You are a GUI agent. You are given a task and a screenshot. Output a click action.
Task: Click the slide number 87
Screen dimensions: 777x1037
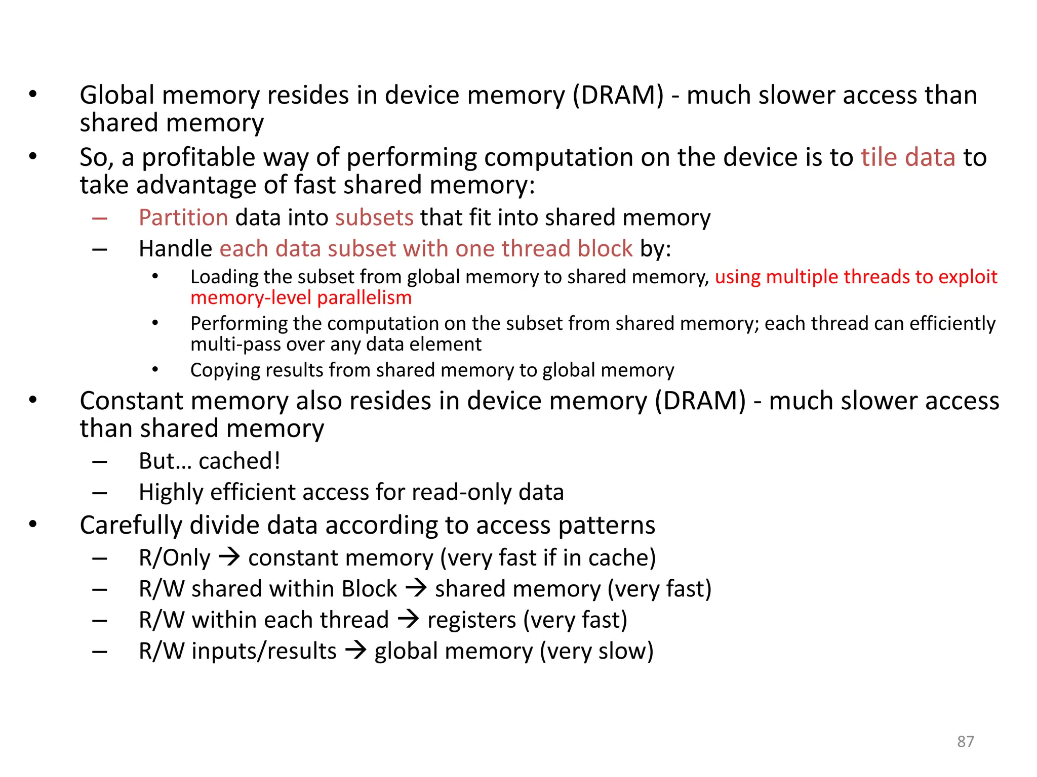[965, 741]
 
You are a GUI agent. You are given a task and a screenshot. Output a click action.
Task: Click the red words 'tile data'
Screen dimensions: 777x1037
[908, 157]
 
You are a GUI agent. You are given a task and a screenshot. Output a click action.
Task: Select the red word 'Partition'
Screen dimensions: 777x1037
[183, 218]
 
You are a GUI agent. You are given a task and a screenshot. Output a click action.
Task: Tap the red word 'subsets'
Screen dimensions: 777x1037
[374, 218]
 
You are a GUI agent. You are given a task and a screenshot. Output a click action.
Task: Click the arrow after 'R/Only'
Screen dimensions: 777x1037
[229, 557]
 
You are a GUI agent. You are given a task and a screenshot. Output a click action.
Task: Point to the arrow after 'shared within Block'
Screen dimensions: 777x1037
[416, 588]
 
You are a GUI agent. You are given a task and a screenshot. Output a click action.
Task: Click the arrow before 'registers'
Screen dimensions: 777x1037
[408, 619]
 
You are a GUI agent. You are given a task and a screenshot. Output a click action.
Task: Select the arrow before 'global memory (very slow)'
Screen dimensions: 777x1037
[355, 650]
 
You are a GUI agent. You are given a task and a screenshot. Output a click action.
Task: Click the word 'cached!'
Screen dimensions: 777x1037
[240, 461]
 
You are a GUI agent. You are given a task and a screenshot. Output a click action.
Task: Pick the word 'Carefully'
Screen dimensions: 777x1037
[131, 525]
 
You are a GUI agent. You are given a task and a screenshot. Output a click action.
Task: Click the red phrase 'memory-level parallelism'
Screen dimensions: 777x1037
[301, 298]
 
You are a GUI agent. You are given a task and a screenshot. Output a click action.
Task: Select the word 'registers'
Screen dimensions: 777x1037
[471, 620]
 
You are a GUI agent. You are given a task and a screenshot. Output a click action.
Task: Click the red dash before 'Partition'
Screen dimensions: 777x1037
[100, 219]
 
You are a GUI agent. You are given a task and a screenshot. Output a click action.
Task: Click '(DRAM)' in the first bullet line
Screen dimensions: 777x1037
[618, 95]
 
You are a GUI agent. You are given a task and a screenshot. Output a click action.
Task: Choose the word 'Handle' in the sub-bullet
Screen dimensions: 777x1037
[175, 249]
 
